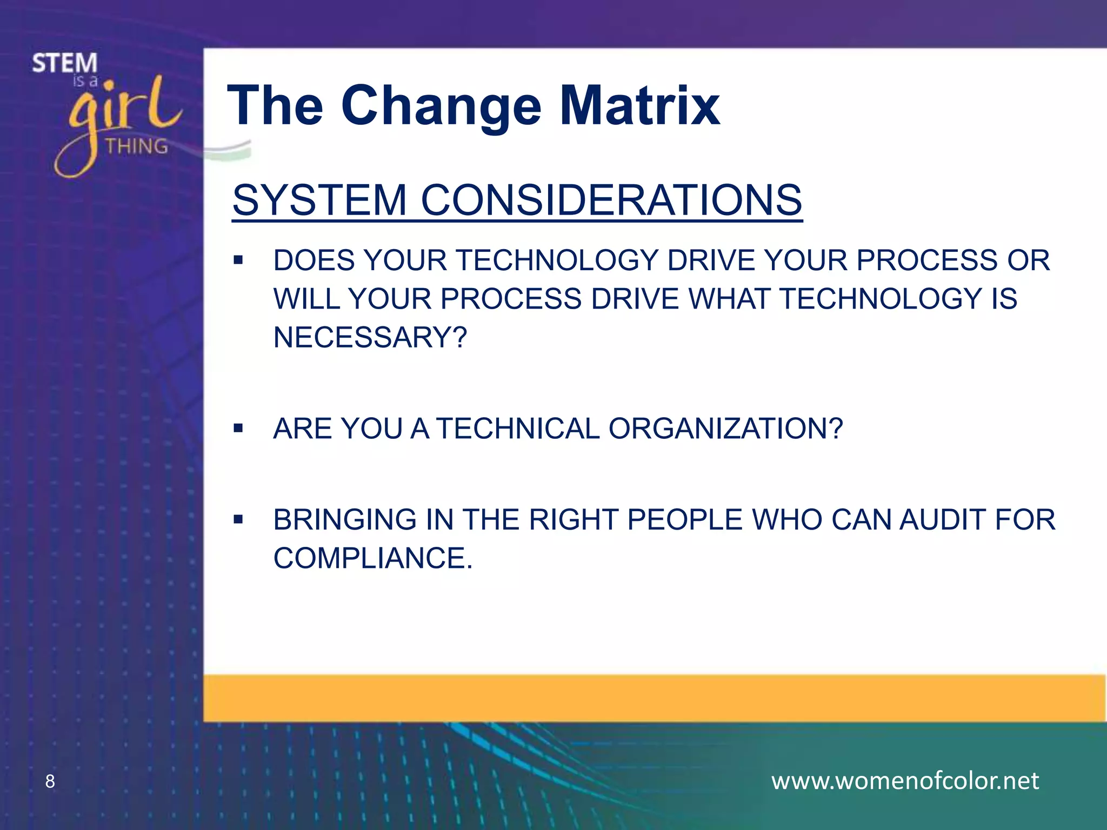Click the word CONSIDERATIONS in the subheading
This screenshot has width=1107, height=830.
(x=611, y=200)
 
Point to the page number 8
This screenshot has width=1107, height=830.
(x=50, y=781)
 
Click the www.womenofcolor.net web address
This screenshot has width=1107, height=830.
(x=905, y=781)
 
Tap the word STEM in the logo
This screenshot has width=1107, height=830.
(x=64, y=64)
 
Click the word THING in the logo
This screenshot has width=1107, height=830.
(x=136, y=146)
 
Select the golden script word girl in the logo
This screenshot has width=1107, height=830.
(x=122, y=113)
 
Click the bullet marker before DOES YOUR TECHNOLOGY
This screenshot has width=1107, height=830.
(x=238, y=261)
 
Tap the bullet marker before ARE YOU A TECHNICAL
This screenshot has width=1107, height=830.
(x=238, y=429)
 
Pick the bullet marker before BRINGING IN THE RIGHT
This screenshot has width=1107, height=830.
(x=238, y=520)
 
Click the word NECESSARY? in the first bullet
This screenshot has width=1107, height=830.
(x=370, y=337)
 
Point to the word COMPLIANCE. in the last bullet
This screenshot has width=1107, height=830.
(x=373, y=558)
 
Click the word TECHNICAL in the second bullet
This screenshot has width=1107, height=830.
(x=518, y=429)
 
